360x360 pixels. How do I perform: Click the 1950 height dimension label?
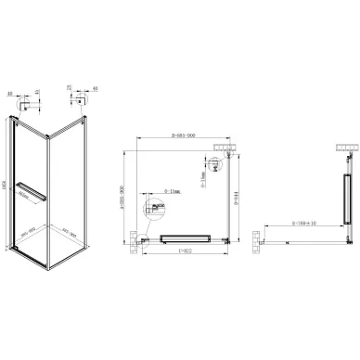(6, 186)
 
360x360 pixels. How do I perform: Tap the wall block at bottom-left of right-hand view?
(253, 243)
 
